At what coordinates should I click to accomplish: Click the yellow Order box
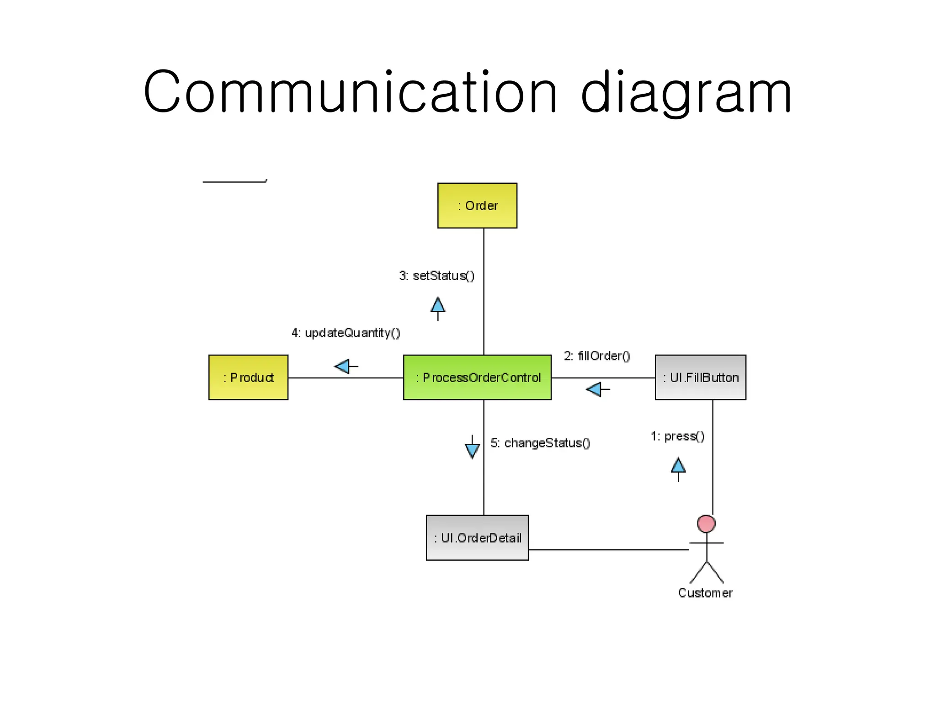(x=477, y=206)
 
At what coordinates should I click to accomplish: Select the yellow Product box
(x=248, y=378)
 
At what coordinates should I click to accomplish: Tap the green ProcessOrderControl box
(x=477, y=378)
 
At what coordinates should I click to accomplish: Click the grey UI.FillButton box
(x=700, y=378)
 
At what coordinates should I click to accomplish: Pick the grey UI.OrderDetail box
(x=477, y=538)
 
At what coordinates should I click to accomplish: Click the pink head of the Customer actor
(x=706, y=524)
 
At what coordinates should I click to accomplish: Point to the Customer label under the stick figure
(x=705, y=593)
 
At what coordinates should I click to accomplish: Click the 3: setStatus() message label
(x=436, y=276)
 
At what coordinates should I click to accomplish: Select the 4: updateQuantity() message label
(x=346, y=333)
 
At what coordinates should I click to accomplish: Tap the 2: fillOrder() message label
(x=596, y=356)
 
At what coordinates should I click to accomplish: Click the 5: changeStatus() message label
(x=540, y=443)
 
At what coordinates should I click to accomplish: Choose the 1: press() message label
(x=677, y=436)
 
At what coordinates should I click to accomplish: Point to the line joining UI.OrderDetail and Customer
(x=608, y=550)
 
